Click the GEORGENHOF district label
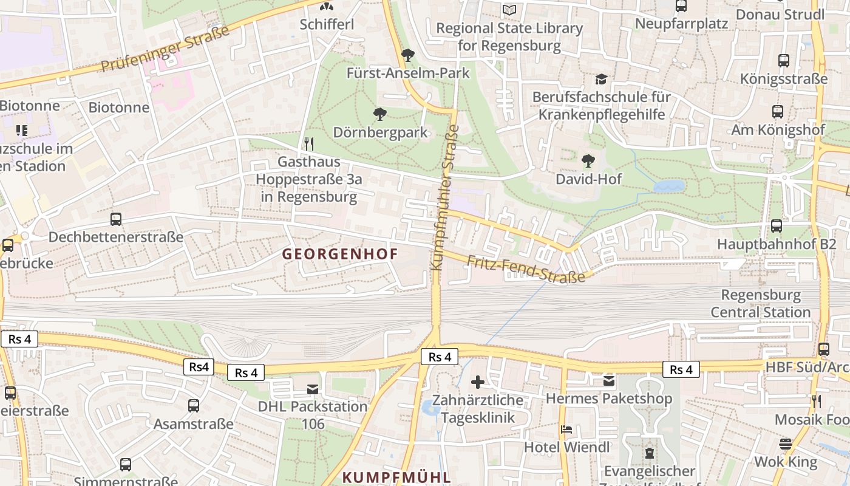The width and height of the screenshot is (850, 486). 340,254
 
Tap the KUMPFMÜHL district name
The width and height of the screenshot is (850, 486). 396,477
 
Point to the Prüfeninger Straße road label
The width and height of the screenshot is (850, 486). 165,49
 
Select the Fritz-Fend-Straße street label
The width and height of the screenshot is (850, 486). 526,269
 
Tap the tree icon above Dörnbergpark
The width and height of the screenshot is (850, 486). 380,114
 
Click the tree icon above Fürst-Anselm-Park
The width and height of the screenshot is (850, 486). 408,55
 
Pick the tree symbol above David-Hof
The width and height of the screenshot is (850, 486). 588,161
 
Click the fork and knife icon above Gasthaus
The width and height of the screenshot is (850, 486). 309,144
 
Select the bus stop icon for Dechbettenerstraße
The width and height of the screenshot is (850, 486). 116,219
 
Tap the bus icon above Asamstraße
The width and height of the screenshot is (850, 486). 194,405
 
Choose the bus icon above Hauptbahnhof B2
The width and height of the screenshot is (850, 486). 776,226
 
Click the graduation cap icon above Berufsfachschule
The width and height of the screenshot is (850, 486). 601,79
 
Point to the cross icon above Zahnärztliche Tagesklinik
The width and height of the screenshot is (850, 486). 478,382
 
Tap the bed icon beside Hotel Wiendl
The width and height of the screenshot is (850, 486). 566,430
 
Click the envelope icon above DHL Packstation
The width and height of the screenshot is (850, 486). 313,389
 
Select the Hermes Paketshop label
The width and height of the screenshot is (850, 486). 609,399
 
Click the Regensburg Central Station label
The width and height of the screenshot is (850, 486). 760,304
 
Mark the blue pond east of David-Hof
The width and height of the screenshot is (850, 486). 668,186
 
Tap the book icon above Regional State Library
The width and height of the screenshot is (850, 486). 509,10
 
